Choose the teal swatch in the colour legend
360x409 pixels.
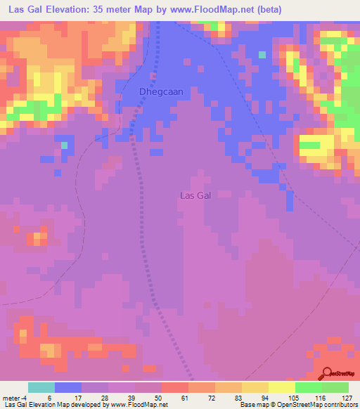[x=41, y=387]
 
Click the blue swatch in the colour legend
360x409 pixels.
[x=68, y=387]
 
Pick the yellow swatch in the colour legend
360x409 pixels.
[x=281, y=387]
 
